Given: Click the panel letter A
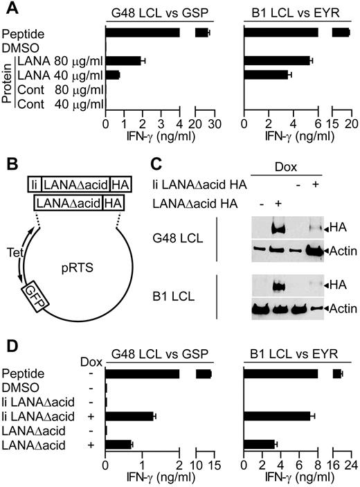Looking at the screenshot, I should pyautogui.click(x=9, y=10).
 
